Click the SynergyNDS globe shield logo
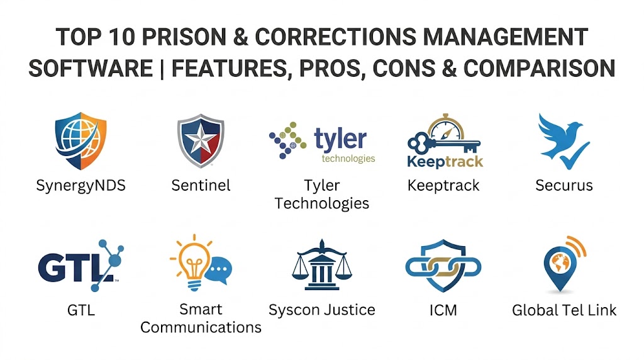(x=81, y=141)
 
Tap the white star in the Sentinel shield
(x=201, y=140)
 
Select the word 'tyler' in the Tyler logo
(x=340, y=139)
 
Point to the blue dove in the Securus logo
(x=559, y=134)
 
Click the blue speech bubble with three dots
(x=218, y=270)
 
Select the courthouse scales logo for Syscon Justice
(x=322, y=265)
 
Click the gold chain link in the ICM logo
(x=443, y=267)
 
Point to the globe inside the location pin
(x=560, y=262)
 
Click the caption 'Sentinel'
(x=201, y=185)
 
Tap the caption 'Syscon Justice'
(x=322, y=310)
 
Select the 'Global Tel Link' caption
(x=564, y=310)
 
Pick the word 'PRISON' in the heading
(x=184, y=37)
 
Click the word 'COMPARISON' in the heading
(x=539, y=68)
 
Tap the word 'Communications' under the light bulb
(x=201, y=327)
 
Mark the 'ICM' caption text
(x=443, y=310)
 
